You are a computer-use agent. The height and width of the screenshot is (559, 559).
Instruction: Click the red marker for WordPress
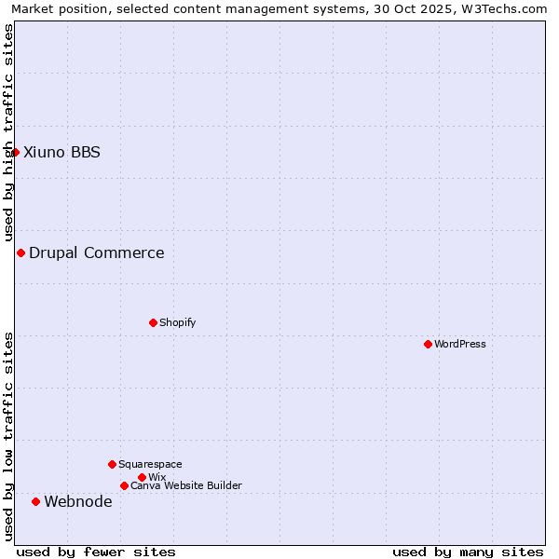[428, 344]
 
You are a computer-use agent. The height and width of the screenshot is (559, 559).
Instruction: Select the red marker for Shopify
[153, 322]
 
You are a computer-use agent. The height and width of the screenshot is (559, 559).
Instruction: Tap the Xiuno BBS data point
[15, 152]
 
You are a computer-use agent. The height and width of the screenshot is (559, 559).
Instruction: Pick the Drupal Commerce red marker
[20, 252]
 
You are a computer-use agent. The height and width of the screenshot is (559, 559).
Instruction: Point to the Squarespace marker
[112, 464]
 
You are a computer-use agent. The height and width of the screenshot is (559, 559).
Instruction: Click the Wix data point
[142, 477]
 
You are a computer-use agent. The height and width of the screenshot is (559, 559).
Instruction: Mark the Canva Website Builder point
[124, 485]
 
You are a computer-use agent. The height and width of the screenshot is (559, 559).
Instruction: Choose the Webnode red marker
[35, 501]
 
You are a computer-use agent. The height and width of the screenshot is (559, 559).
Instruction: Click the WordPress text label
[460, 344]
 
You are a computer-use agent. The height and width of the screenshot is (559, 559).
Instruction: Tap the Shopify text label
[178, 322]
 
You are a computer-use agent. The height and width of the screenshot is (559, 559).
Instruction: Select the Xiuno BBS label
[61, 152]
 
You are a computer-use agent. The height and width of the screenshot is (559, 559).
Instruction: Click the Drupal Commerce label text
[97, 252]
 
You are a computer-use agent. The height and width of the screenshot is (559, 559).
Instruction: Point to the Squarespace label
[150, 464]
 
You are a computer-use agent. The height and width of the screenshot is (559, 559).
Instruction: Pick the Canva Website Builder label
[186, 485]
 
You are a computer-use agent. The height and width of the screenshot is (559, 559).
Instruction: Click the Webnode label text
[78, 501]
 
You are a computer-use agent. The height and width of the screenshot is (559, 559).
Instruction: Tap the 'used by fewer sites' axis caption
[96, 552]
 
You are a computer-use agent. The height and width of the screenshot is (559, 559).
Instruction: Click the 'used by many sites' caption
[468, 552]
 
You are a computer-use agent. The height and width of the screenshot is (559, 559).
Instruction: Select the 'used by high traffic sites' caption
[8, 133]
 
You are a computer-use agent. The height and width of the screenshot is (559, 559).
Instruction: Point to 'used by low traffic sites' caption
[8, 436]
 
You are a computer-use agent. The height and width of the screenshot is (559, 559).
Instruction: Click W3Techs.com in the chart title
[503, 8]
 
